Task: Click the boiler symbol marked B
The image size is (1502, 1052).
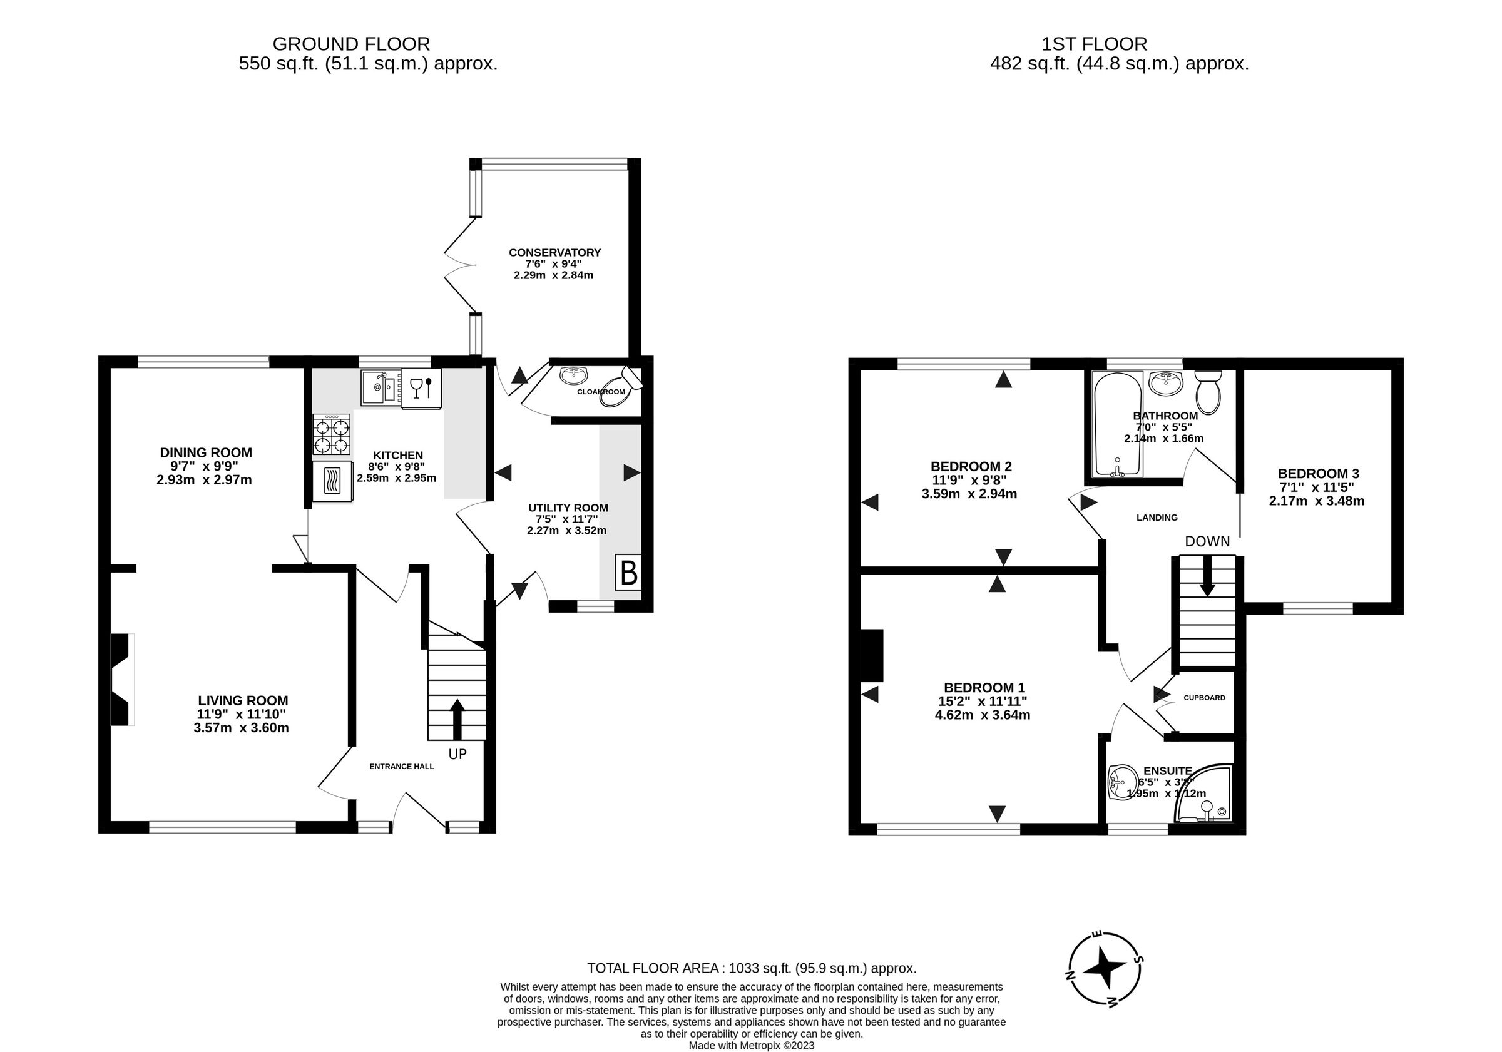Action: click(628, 573)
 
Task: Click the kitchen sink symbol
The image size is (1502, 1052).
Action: click(379, 388)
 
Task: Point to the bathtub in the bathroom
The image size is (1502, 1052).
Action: click(1117, 424)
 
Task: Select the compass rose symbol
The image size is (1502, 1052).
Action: click(1106, 968)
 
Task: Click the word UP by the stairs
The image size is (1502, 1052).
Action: click(457, 754)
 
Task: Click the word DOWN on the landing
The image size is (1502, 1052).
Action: click(1207, 542)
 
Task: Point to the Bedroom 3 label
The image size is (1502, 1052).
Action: click(1317, 473)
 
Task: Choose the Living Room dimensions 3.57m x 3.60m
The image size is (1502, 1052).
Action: click(241, 727)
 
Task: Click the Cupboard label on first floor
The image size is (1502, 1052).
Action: click(1203, 697)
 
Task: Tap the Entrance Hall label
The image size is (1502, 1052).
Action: click(402, 766)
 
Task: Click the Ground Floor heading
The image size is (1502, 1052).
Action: click(351, 44)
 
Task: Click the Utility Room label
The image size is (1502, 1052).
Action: click(568, 508)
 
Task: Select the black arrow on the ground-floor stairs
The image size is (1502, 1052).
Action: click(457, 718)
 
